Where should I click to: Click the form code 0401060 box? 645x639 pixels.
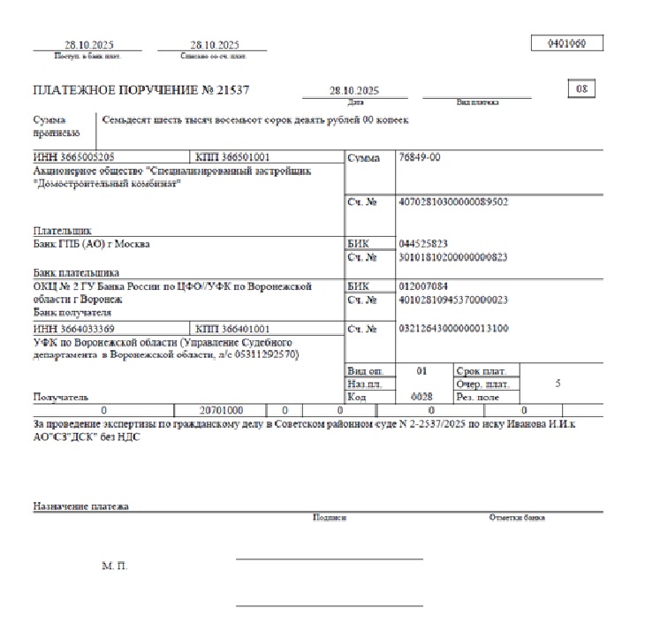coord(568,42)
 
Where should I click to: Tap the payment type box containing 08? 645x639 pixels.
coord(581,89)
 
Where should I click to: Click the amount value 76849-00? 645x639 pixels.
coord(421,157)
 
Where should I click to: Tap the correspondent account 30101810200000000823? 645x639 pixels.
coord(453,258)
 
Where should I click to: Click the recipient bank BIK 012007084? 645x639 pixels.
coord(424,286)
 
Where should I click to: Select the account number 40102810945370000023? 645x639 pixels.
coord(453,300)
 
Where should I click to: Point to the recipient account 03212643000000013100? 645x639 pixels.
coord(453,329)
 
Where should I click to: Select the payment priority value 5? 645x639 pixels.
coord(557,384)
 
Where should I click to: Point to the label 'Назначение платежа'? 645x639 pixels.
coord(81,506)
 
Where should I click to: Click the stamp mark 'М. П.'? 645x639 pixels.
coord(115,566)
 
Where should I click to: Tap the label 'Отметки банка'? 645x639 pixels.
coord(517,518)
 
